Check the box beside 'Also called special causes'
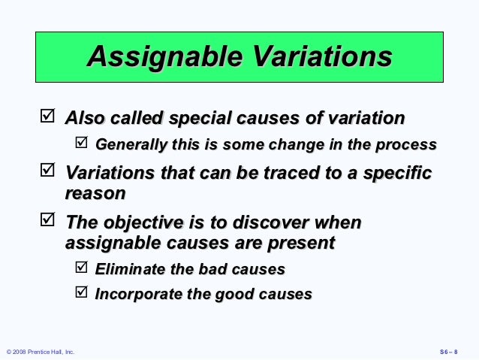(47, 116)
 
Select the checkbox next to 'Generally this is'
(82, 142)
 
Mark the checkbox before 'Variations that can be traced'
(47, 171)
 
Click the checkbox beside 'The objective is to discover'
(47, 221)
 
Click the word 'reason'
(95, 193)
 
